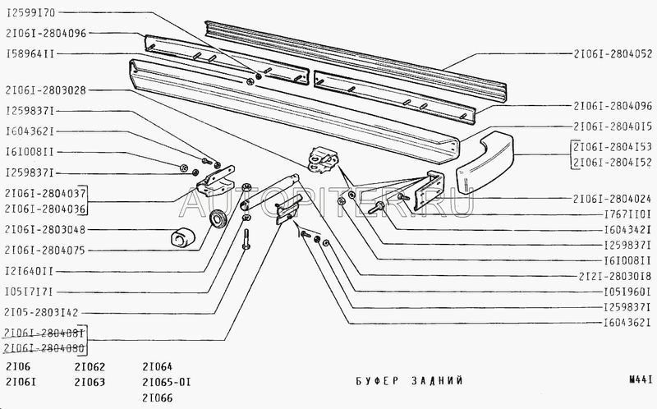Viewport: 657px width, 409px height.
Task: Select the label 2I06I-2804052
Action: pos(613,53)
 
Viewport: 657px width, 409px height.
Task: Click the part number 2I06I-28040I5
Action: pos(613,126)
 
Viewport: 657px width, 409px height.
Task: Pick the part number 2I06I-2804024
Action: pos(613,199)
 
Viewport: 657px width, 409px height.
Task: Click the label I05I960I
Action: pos(626,292)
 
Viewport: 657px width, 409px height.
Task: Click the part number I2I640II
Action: pos(29,270)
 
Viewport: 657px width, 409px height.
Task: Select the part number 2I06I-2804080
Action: pos(44,348)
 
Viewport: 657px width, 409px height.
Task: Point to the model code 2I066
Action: pos(156,398)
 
